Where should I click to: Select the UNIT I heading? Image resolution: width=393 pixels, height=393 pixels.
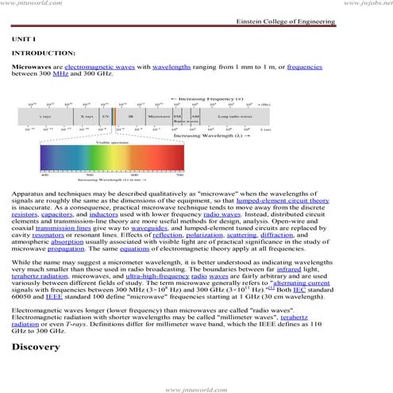[24, 38]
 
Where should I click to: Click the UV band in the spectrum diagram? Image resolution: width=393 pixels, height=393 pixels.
[106, 116]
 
